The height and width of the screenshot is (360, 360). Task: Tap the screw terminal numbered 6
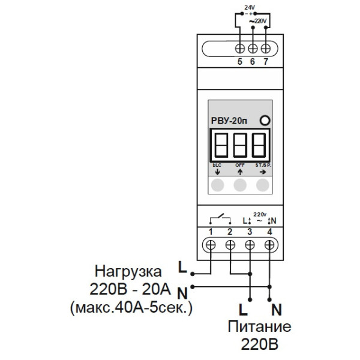[x=253, y=47]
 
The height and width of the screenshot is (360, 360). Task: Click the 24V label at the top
[x=250, y=7]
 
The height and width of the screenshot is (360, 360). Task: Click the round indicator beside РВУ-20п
[x=264, y=121]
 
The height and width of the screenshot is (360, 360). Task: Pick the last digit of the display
[x=259, y=144]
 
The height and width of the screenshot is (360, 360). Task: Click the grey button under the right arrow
[x=262, y=185]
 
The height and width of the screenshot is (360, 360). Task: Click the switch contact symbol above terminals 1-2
[x=220, y=218]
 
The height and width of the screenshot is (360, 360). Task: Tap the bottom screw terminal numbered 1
[x=211, y=245]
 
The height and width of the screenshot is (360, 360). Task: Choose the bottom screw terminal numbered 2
[x=230, y=245]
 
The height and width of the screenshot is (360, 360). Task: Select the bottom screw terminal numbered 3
[x=250, y=245]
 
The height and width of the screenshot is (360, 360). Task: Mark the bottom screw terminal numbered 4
[x=269, y=245]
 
